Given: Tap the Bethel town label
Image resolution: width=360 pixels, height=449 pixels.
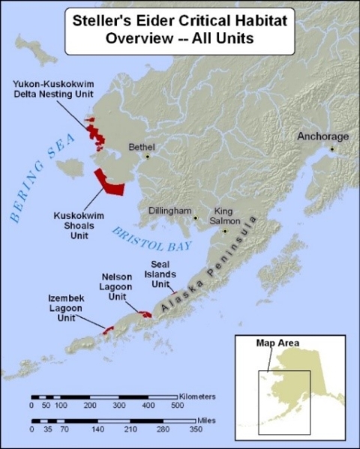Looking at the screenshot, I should (x=141, y=147).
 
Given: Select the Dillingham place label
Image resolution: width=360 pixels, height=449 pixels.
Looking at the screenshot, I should (x=172, y=211).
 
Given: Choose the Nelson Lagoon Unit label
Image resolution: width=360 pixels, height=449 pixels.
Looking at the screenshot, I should (x=118, y=287).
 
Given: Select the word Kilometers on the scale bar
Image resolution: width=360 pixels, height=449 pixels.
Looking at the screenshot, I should (x=198, y=395).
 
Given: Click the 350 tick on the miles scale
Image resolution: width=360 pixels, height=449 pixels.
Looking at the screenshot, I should (x=196, y=430).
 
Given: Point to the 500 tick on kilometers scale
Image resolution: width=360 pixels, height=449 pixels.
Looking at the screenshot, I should (x=177, y=406).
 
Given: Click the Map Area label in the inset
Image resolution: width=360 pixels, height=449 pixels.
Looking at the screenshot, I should (x=278, y=343).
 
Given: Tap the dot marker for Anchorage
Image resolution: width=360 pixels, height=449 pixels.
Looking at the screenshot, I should (x=331, y=148).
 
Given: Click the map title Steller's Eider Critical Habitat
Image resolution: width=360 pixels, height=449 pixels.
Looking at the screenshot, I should (x=179, y=22).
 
